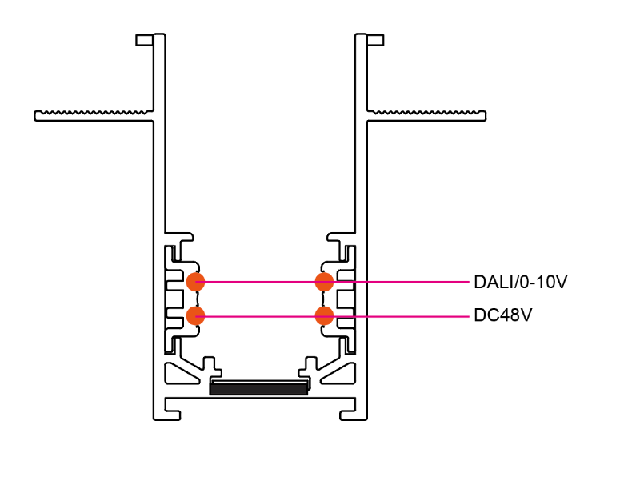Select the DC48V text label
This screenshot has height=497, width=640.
502,315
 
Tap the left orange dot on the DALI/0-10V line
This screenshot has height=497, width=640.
196,282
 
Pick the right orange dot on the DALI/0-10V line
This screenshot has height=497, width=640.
324,282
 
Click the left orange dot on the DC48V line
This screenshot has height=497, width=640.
196,315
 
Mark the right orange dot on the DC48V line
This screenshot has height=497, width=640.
324,315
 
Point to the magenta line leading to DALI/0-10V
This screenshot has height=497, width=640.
400,282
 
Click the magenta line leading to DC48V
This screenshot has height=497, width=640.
400,315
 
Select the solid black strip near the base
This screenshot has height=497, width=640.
258,389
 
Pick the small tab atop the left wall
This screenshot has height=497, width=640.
144,39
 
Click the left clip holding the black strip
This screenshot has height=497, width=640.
214,370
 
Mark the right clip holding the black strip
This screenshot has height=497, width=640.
305,370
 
